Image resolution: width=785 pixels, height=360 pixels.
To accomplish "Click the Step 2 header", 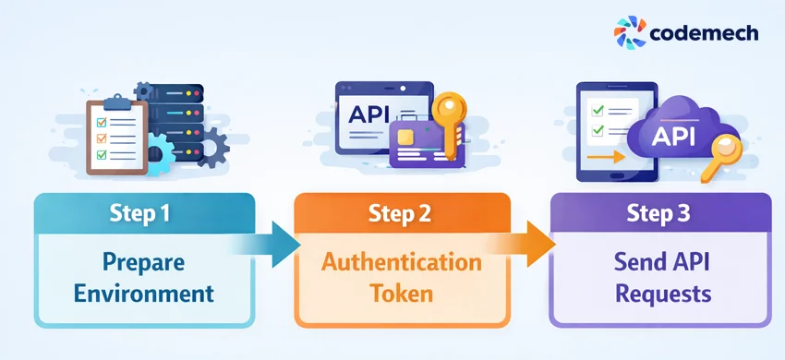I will (401, 213).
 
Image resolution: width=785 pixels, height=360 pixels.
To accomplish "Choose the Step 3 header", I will (660, 213).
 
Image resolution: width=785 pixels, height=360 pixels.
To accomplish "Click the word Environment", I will (144, 294).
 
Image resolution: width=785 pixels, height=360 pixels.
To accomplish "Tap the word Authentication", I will (401, 262).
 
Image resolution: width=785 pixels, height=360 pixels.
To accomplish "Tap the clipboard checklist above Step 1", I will (116, 136).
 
